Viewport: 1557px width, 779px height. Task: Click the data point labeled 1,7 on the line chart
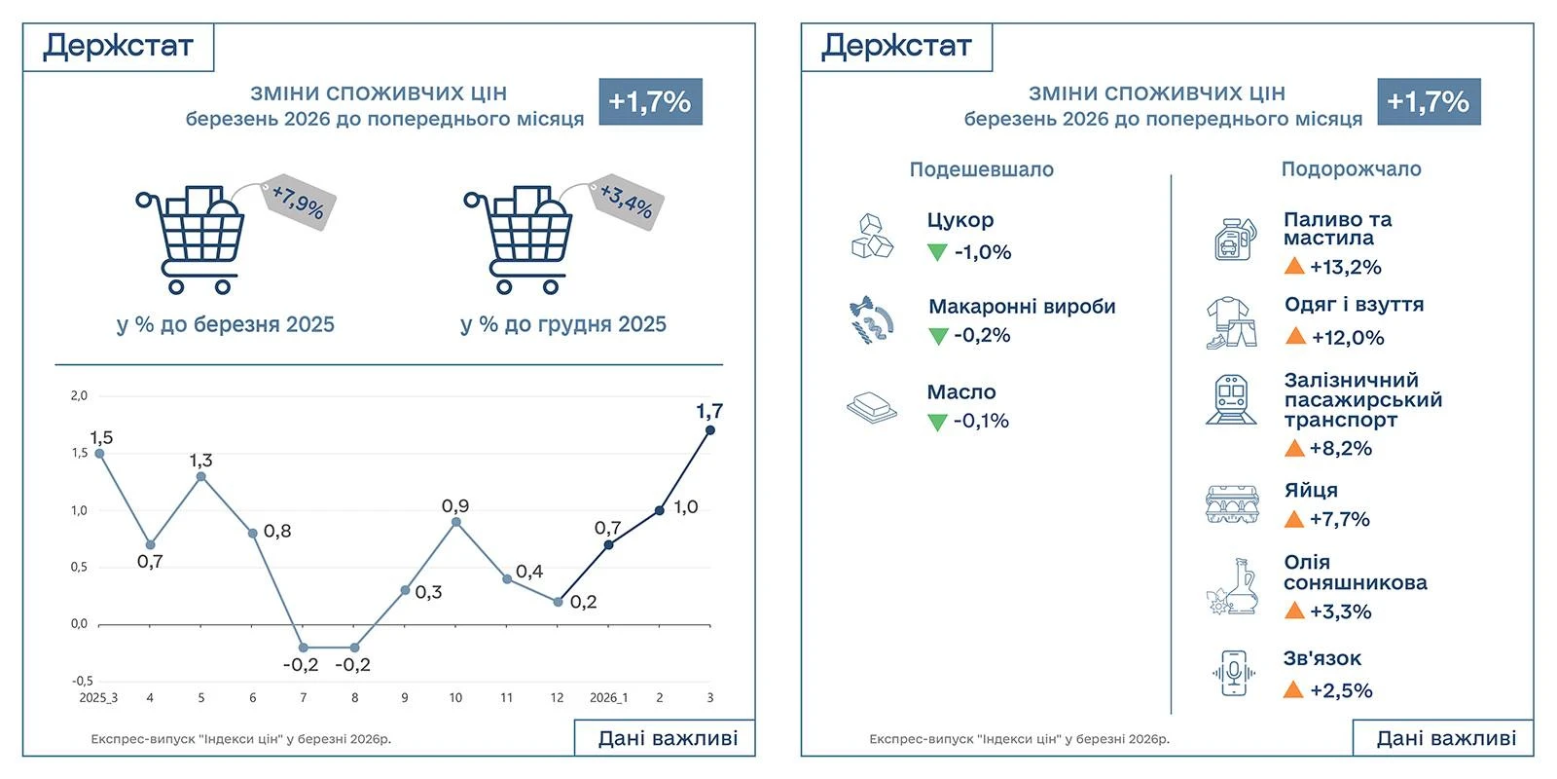pos(710,429)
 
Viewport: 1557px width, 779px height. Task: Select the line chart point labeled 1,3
pos(201,476)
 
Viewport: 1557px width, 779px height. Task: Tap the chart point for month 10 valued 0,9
pos(455,522)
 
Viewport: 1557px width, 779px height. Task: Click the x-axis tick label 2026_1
pos(608,697)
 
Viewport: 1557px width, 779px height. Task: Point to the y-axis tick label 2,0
pos(79,395)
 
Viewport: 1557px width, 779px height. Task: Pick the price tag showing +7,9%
pos(297,203)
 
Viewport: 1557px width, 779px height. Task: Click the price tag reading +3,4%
pos(626,203)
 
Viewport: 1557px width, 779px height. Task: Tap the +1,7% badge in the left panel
pos(649,101)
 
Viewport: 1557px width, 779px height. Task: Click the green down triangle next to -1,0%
pos(937,252)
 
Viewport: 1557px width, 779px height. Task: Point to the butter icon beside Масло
pos(872,407)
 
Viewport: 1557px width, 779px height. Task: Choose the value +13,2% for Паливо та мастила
pos(1345,267)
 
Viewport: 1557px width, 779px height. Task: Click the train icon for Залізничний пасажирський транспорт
pos(1231,400)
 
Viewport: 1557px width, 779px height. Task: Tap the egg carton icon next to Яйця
pos(1232,504)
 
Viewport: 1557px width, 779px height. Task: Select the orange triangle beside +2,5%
pos(1293,690)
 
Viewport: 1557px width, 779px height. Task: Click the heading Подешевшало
pos(981,169)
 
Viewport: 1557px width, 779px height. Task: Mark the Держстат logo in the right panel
pos(896,46)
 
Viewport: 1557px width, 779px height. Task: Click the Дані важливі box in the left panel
pos(668,738)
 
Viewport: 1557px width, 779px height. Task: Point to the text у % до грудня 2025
pos(562,324)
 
